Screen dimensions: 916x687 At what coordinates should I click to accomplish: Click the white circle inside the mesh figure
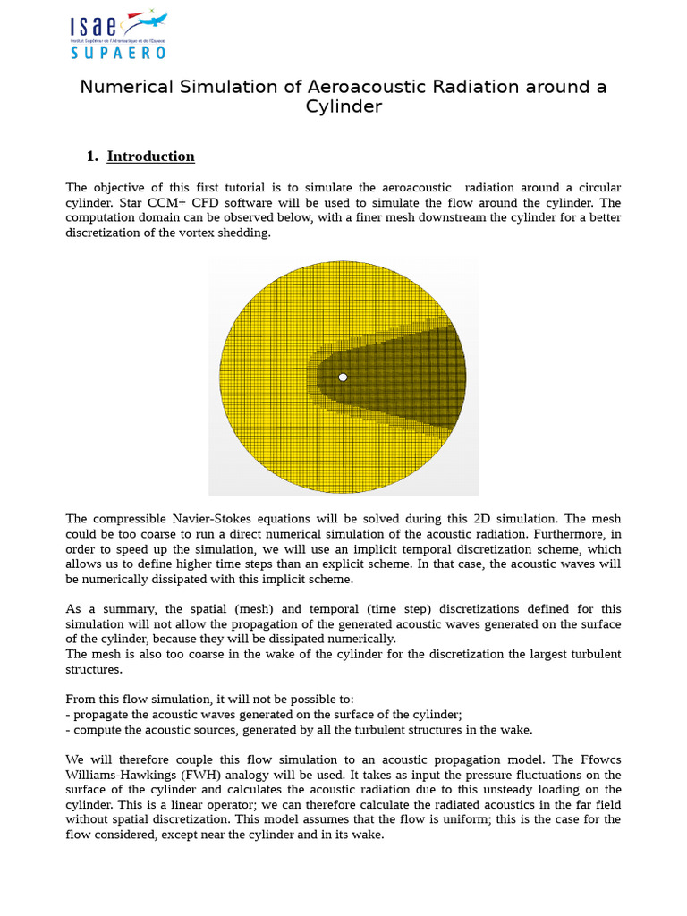[x=343, y=377]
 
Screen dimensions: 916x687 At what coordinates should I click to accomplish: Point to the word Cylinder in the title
[x=343, y=107]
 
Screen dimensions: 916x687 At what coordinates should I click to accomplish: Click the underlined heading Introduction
[x=150, y=157]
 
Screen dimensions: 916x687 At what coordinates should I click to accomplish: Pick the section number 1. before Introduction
[x=92, y=157]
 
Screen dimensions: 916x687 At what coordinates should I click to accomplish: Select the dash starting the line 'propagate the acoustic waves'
[x=68, y=714]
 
